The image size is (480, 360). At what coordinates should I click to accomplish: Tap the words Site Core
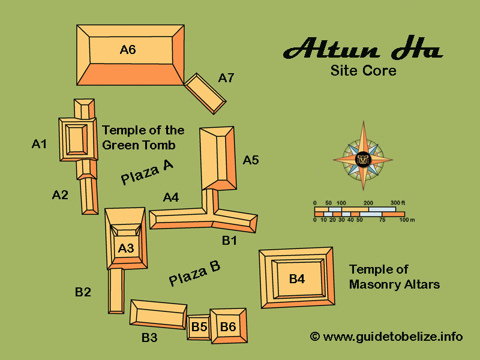[364, 71]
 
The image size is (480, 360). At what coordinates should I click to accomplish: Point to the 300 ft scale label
[398, 203]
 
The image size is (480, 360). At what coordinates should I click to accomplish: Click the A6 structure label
[128, 50]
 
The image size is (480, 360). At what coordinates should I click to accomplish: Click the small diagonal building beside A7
[205, 94]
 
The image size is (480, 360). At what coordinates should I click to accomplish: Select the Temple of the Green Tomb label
[143, 137]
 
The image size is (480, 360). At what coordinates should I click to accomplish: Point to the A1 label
[40, 143]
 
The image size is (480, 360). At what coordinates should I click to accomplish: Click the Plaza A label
[147, 172]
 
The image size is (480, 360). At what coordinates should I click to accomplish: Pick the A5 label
[251, 160]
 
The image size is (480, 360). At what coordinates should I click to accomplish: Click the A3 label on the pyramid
[126, 247]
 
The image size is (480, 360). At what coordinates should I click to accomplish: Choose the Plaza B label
[195, 273]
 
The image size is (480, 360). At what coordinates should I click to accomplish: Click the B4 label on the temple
[297, 278]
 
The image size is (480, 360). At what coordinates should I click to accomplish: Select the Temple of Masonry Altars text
[394, 277]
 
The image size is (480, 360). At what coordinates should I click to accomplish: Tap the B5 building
[199, 327]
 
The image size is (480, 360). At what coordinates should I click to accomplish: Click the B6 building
[228, 326]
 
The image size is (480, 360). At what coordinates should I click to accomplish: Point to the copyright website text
[386, 337]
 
